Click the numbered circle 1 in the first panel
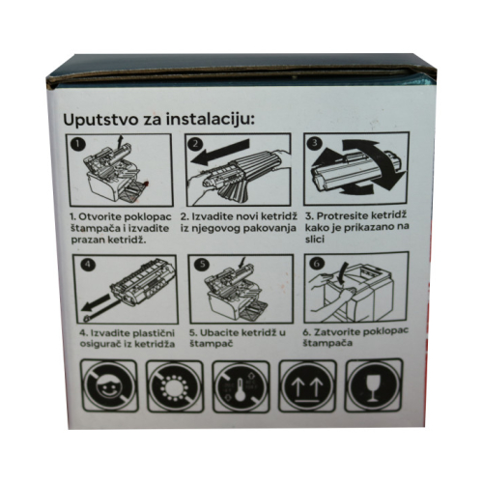78,144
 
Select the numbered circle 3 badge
315,142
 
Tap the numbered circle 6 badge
317,264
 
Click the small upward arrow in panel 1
121,141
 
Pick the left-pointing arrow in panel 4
97,303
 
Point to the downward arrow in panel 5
241,262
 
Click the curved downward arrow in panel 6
343,273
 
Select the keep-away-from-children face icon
109,386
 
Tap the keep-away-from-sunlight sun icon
175,386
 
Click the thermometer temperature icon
241,386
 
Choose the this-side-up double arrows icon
307,386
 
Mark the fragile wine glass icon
374,385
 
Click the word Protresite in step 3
343,215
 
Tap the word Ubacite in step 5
218,332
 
